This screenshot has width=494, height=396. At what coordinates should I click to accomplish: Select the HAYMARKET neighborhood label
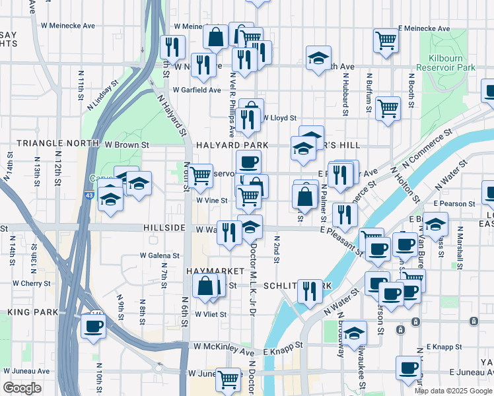(x=211, y=271)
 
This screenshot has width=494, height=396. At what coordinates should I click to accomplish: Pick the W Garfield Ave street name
(x=197, y=90)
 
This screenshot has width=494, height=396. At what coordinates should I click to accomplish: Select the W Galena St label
(x=160, y=255)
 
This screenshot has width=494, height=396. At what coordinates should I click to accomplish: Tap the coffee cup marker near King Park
(x=93, y=325)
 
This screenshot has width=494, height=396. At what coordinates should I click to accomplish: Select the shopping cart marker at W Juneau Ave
(x=228, y=379)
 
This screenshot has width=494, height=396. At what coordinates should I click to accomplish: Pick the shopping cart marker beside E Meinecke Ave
(x=386, y=40)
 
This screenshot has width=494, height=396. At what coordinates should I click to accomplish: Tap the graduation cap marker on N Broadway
(x=355, y=333)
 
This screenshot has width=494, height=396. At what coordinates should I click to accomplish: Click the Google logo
(x=22, y=388)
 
